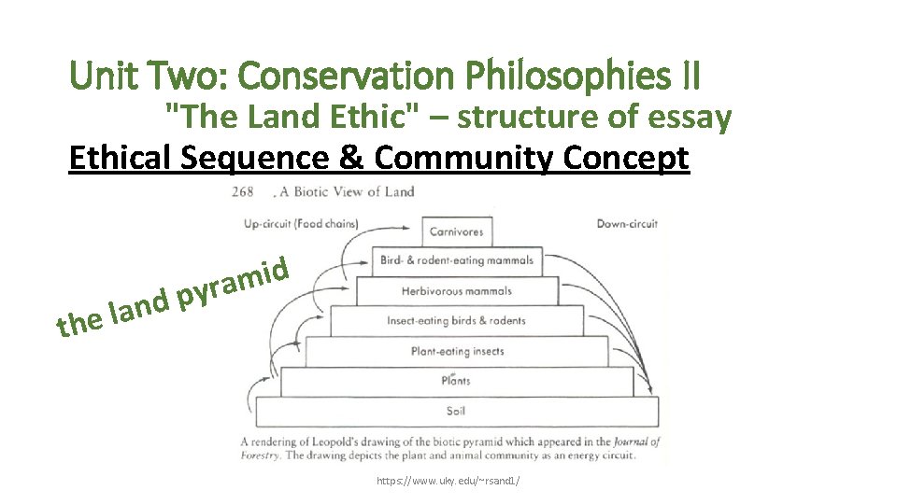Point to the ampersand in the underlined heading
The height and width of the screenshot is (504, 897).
click(350, 158)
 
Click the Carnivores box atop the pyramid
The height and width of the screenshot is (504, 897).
click(456, 231)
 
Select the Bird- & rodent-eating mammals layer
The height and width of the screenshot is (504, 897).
click(457, 260)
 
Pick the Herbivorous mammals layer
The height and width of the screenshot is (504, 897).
click(457, 290)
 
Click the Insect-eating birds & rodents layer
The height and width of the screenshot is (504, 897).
click(457, 320)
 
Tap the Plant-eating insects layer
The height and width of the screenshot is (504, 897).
click(457, 351)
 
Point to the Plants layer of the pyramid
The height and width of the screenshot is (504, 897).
click(456, 381)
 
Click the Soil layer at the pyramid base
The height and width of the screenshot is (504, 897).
click(456, 411)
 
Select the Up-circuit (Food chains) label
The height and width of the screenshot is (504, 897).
click(301, 224)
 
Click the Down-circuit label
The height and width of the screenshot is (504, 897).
click(627, 224)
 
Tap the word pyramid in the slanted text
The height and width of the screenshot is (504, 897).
click(230, 284)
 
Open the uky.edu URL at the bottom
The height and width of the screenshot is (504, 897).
click(448, 481)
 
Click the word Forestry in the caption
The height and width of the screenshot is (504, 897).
click(263, 455)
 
